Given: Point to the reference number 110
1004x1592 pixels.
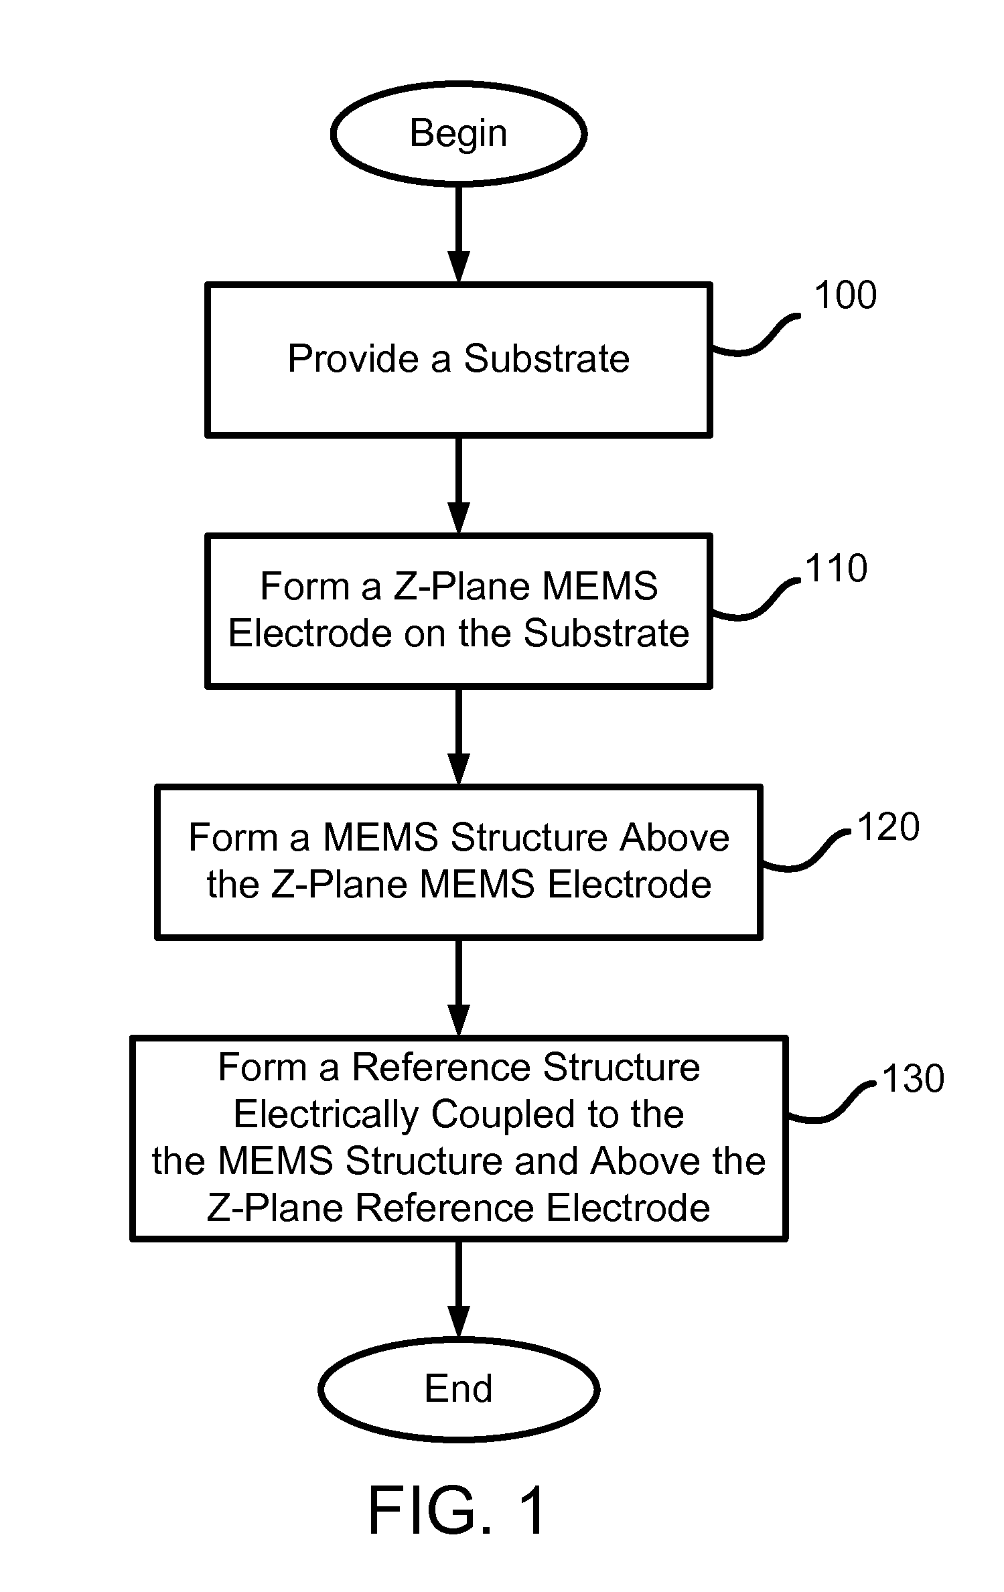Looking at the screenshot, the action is click(x=837, y=569).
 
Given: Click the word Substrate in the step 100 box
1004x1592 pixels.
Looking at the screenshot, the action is click(x=547, y=358).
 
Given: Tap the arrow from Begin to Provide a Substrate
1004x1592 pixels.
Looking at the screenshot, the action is click(x=459, y=234).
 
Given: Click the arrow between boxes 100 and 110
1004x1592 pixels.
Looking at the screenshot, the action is click(x=459, y=486).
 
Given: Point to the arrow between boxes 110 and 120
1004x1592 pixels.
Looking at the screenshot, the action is click(x=459, y=736).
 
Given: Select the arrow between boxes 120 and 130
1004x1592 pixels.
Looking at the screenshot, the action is click(x=459, y=987).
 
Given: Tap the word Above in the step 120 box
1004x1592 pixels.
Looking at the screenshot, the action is click(x=674, y=837).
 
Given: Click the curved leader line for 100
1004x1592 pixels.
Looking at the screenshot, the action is click(x=756, y=334).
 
